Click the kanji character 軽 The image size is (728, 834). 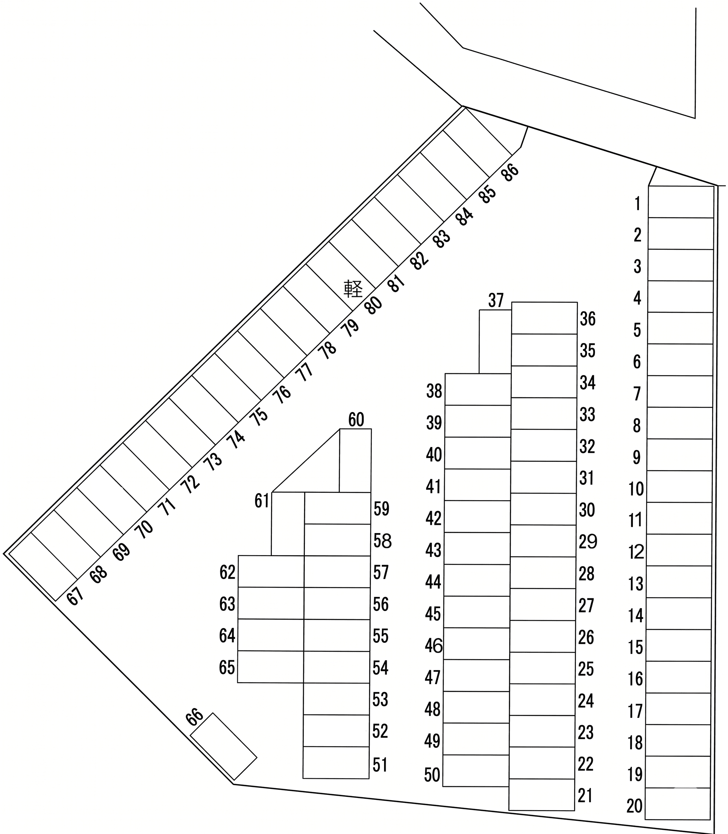(353, 289)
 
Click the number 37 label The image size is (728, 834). (496, 301)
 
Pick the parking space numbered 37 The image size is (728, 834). (495, 341)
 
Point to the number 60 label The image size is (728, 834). (356, 419)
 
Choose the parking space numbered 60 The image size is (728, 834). (355, 461)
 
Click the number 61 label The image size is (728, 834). (262, 501)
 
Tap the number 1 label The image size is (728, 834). (637, 203)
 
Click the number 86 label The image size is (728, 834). (510, 172)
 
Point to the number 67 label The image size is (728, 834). (75, 596)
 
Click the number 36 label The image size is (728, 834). (588, 319)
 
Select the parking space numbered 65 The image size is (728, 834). (271, 667)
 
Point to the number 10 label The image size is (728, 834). (636, 489)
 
